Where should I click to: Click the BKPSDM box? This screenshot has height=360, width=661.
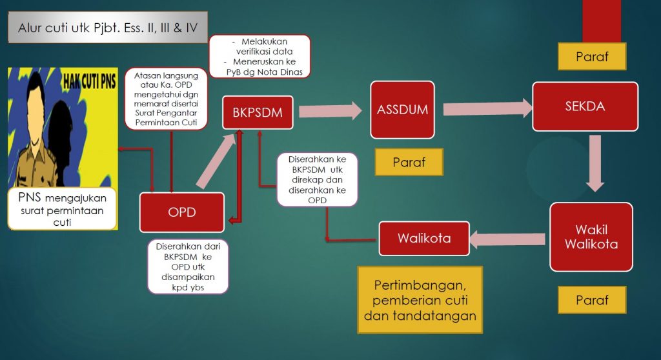point(252,113)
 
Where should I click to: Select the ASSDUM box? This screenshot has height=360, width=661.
point(402,110)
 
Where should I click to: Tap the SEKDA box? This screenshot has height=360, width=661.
point(585,106)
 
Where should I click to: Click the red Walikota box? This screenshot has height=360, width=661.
point(423,239)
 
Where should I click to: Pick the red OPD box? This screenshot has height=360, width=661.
point(181,212)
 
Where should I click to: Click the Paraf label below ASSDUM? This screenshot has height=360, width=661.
point(409,162)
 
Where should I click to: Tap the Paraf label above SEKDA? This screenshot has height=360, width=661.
point(592,57)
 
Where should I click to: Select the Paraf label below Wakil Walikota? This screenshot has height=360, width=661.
point(592,300)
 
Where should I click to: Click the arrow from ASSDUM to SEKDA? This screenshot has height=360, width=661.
point(484,107)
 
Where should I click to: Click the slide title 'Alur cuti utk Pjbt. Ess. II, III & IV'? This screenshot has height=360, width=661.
point(108,28)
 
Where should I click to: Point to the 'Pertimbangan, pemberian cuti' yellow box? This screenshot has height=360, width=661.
point(420,301)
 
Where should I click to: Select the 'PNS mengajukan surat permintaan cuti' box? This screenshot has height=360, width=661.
point(62,208)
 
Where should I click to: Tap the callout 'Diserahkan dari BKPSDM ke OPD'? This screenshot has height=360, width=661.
point(188,266)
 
